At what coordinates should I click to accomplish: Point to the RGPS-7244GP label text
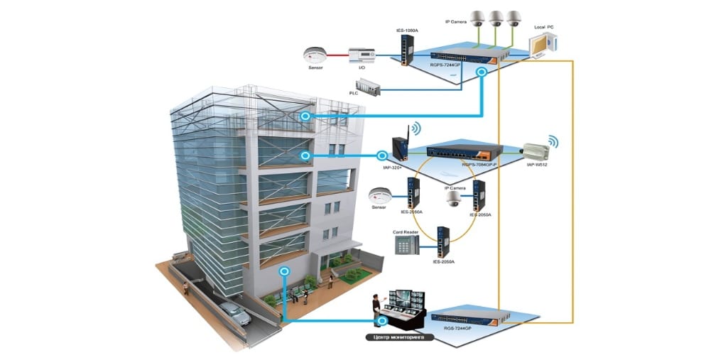(x=445, y=64)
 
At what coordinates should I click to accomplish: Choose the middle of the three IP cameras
(x=495, y=18)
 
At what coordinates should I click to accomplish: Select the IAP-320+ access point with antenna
(x=399, y=148)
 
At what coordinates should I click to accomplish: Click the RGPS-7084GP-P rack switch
(x=464, y=151)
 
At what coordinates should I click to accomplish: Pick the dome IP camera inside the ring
(x=452, y=200)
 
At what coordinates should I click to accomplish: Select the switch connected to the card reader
(x=444, y=241)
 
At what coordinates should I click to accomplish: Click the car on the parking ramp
(x=234, y=313)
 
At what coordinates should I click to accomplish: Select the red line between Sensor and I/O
(x=337, y=54)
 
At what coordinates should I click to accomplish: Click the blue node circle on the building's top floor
(x=306, y=116)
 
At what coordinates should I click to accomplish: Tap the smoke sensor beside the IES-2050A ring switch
(x=378, y=195)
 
